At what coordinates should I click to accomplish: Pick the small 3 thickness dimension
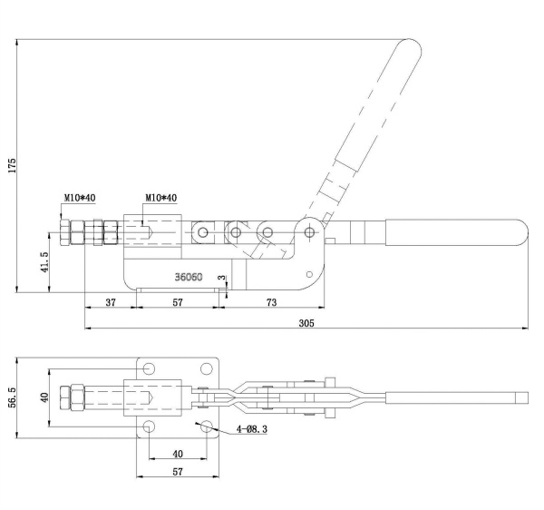[x=220, y=278]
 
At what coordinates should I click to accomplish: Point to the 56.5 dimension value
[x=12, y=398]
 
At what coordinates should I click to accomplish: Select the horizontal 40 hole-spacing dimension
[x=178, y=452]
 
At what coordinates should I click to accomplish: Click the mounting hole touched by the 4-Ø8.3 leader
[x=207, y=426]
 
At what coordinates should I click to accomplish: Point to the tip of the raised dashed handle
[x=409, y=47]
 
